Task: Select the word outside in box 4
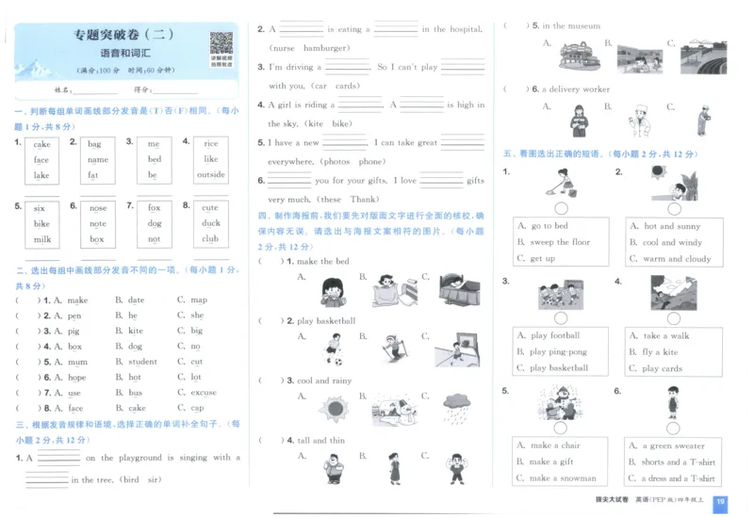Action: (x=210, y=175)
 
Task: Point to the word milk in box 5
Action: (x=41, y=239)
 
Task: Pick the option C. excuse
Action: (x=197, y=393)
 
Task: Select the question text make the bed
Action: (x=322, y=261)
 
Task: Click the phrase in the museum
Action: (x=570, y=26)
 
